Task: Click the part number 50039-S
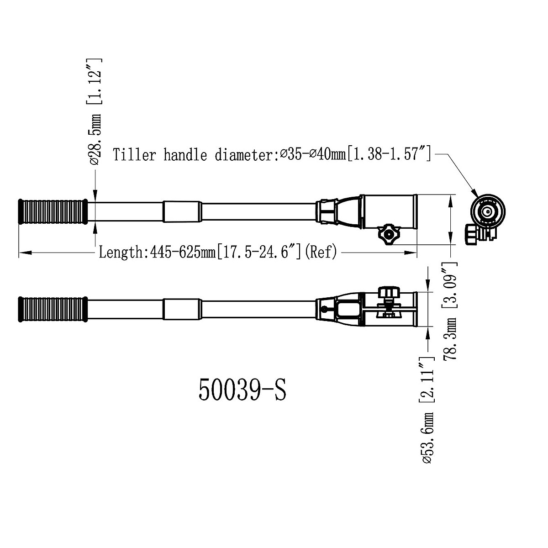[x=242, y=390]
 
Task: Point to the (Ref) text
[x=321, y=252]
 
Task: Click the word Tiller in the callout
[x=135, y=155]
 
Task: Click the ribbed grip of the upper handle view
[x=53, y=211]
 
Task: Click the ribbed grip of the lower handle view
[x=53, y=310]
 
